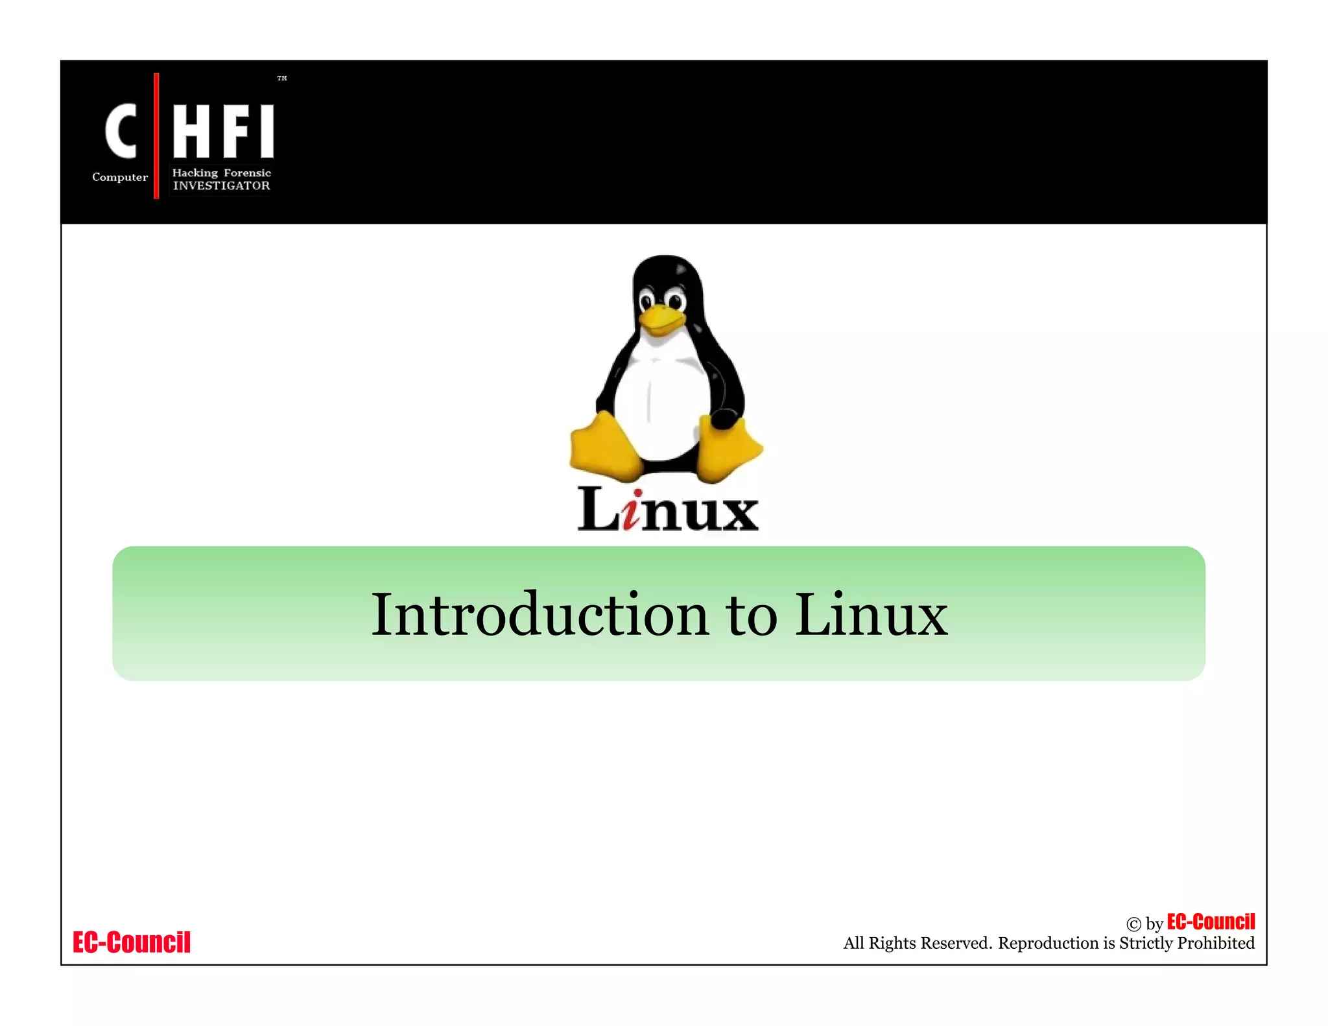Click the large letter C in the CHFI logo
pyautogui.click(x=121, y=131)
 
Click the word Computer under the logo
pyautogui.click(x=120, y=177)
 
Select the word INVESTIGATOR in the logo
pyautogui.click(x=221, y=186)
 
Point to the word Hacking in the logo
pyautogui.click(x=195, y=173)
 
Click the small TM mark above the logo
pyautogui.click(x=282, y=78)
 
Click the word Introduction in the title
pyautogui.click(x=539, y=615)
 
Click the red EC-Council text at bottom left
pyautogui.click(x=132, y=942)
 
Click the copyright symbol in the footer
pyautogui.click(x=1133, y=924)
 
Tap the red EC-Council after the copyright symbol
pyautogui.click(x=1211, y=922)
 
